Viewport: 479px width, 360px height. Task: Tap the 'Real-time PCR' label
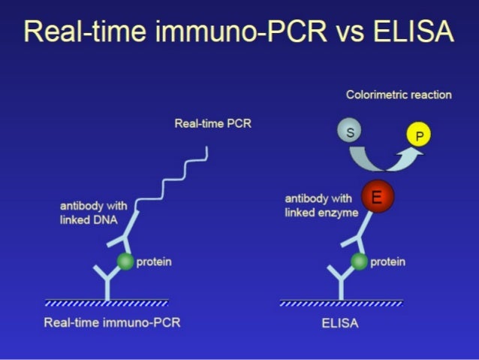click(212, 124)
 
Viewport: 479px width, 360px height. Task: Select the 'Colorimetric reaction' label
click(399, 95)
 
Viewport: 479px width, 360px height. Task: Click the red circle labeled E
click(378, 198)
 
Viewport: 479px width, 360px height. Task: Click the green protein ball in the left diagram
click(125, 262)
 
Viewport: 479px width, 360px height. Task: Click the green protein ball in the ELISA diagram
click(360, 262)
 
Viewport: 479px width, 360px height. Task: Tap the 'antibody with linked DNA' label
click(93, 213)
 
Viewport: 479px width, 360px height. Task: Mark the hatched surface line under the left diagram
click(106, 304)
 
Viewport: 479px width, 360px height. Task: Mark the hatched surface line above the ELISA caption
click(341, 304)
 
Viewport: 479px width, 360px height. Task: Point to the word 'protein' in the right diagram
click(388, 262)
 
